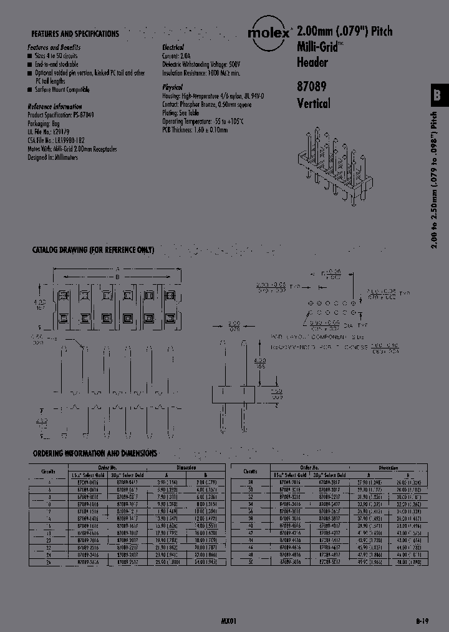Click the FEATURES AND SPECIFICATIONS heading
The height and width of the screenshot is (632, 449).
coord(75,34)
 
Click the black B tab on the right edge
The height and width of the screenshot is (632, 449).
coord(438,95)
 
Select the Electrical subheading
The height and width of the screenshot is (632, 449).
coord(173,47)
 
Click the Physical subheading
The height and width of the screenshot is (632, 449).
coord(172,88)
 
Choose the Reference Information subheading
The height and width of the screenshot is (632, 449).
coord(55,107)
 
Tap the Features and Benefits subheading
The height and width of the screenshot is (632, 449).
coord(54,47)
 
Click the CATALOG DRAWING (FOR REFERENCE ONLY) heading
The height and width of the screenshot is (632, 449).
coord(93,250)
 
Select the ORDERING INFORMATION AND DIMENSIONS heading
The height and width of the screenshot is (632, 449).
coord(94,453)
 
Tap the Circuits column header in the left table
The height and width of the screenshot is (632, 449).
coord(48,472)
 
